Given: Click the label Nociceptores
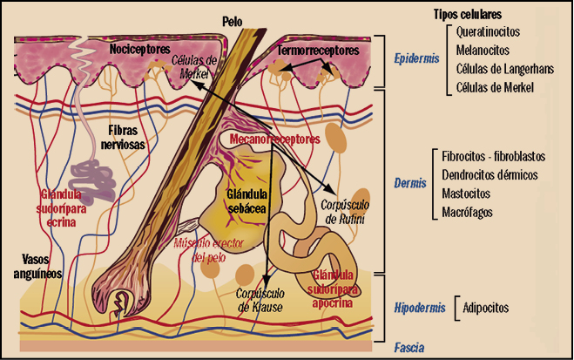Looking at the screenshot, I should click(140, 51).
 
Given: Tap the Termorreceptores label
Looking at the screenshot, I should click(318, 51).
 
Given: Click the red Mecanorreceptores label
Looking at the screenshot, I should click(274, 139).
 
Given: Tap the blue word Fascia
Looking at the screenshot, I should click(409, 347).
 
